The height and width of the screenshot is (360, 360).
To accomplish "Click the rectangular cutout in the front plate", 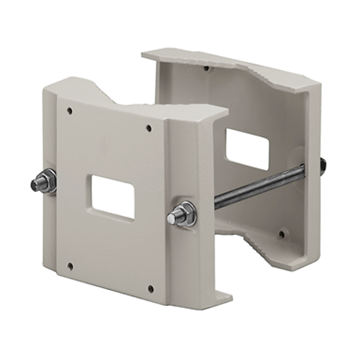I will tap(112, 197).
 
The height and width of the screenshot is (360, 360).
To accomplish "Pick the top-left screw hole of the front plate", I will tap(70, 111).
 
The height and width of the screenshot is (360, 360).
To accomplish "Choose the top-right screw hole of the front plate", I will tap(149, 128).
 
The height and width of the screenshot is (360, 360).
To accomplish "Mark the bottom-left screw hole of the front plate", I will tap(70, 265).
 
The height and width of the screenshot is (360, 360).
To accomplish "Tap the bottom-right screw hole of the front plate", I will tap(150, 290).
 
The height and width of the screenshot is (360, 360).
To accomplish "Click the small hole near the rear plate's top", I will tap(206, 68).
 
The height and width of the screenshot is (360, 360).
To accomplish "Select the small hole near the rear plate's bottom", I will tap(280, 233).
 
